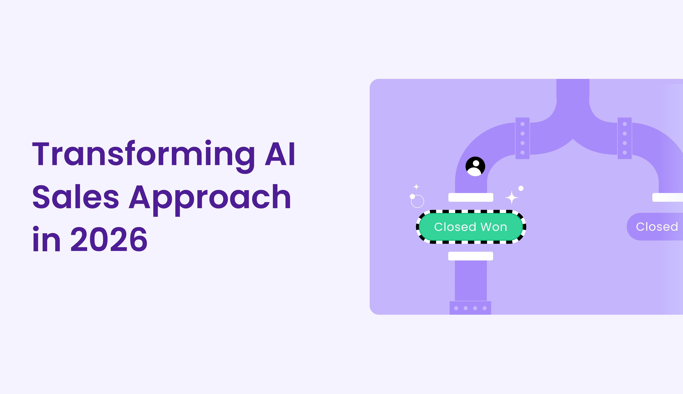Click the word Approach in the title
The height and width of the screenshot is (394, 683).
[210, 197]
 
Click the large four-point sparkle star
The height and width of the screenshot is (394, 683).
[512, 197]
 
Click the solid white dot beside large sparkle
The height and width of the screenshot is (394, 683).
[521, 188]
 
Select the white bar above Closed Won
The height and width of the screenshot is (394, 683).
[471, 197]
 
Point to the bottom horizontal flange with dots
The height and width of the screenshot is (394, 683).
[470, 308]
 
